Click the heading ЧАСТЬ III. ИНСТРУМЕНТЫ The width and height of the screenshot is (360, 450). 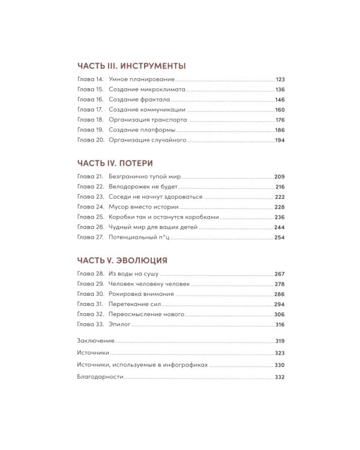tap(131, 66)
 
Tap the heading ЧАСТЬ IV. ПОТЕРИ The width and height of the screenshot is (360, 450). tap(115, 163)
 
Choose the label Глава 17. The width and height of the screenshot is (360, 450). tap(91, 110)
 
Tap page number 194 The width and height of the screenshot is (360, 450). tap(279, 140)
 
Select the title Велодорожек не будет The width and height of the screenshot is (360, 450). tap(143, 187)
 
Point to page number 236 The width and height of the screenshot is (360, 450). tap(279, 217)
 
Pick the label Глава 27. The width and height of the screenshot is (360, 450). tap(91, 237)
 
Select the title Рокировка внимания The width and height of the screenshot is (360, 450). tap(142, 295)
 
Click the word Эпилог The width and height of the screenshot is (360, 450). tap(119, 325)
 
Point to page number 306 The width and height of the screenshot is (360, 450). tap(279, 314)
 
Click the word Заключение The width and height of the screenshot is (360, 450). tap(96, 341)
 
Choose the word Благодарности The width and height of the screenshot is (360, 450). tap(100, 377)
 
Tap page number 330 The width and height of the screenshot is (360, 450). tap(279, 365)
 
